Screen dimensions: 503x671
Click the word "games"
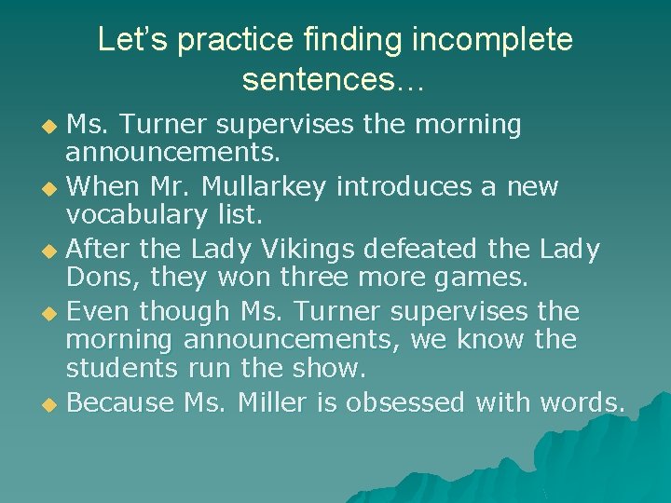481,278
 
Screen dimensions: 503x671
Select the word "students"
119,369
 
